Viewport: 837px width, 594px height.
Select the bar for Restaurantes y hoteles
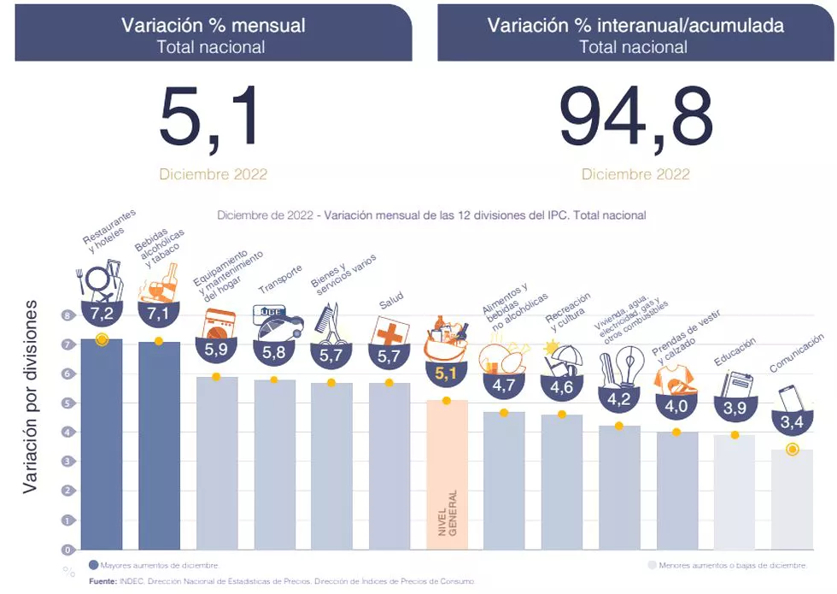pos(102,444)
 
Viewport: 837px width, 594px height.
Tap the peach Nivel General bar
pos(447,474)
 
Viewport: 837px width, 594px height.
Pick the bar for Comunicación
pos(792,500)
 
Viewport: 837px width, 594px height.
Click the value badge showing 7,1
pos(158,314)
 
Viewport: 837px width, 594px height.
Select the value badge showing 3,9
pos(735,409)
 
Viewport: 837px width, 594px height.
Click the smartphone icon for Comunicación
pos(789,399)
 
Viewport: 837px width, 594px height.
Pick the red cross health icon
pos(389,331)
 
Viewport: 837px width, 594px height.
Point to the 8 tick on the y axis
pos(67,315)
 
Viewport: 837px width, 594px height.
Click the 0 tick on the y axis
pos(67,549)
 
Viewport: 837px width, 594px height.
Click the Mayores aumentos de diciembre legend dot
pos(94,565)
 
